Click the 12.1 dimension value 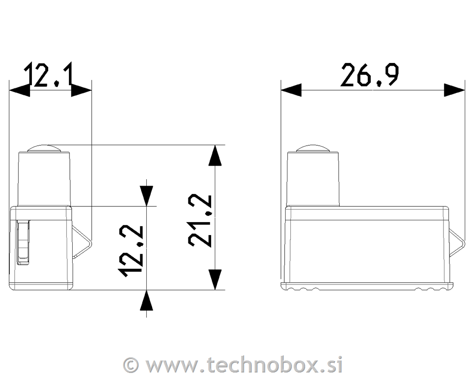point(49,75)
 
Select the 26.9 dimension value point(369,75)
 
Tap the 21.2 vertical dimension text point(200,221)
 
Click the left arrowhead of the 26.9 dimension point(291,90)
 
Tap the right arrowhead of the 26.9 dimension point(455,90)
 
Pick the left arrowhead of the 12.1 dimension point(19,90)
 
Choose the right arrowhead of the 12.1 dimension point(81,90)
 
